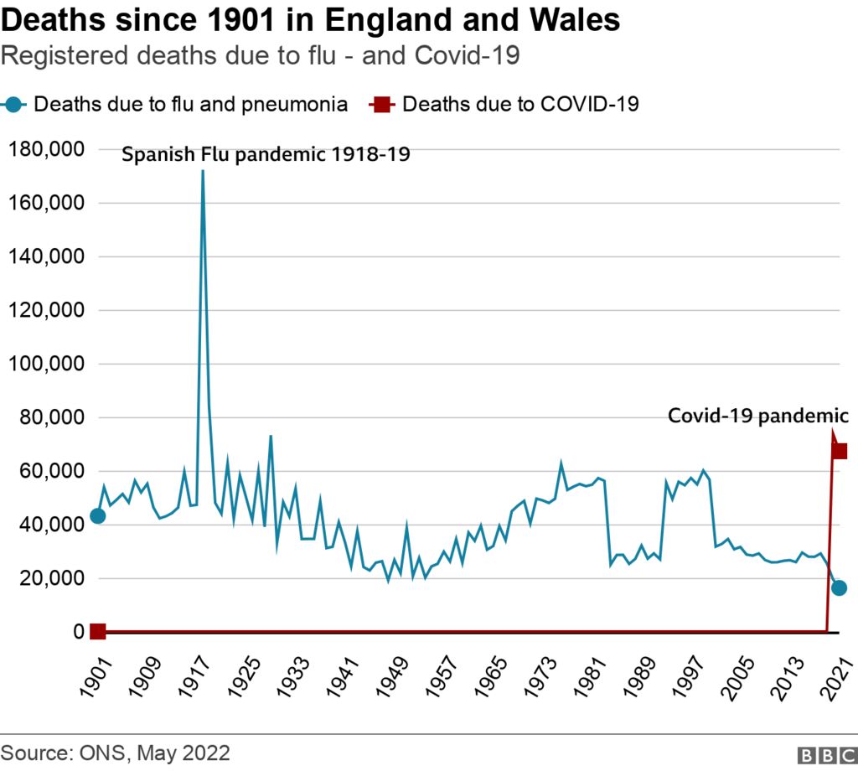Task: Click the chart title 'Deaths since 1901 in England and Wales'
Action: pos(310,20)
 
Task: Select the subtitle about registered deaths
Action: pos(261,56)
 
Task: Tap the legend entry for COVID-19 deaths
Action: pos(504,105)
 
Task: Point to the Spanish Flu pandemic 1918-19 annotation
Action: pos(266,155)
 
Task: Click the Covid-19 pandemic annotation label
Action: pos(758,417)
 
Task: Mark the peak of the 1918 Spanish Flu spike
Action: pos(202,171)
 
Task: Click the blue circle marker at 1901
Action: pos(97,515)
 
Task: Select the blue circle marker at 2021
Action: pos(839,587)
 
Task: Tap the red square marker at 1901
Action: pos(97,631)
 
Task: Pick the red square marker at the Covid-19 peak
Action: pos(839,451)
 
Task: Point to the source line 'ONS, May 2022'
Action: pos(116,753)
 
